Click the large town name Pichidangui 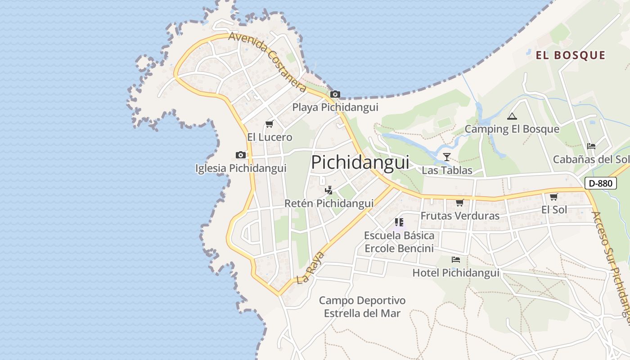pyautogui.click(x=360, y=162)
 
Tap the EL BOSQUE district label pyautogui.click(x=570, y=55)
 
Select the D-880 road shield pyautogui.click(x=600, y=183)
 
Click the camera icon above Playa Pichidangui pyautogui.click(x=335, y=94)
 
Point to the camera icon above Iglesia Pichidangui pyautogui.click(x=241, y=155)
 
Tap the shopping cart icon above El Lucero pyautogui.click(x=269, y=124)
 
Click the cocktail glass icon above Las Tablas pyautogui.click(x=446, y=157)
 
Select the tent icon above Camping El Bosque pyautogui.click(x=512, y=117)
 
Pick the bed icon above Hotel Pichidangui pyautogui.click(x=456, y=260)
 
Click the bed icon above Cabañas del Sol pyautogui.click(x=591, y=146)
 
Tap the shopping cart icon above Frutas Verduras pyautogui.click(x=459, y=203)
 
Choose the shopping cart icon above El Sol pyautogui.click(x=553, y=197)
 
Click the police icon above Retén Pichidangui pyautogui.click(x=328, y=190)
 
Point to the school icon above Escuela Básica pyautogui.click(x=399, y=222)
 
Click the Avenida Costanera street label pyautogui.click(x=267, y=61)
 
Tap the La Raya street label pyautogui.click(x=310, y=268)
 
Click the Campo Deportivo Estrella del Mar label pyautogui.click(x=362, y=307)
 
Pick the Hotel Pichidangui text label pyautogui.click(x=456, y=273)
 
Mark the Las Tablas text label pyautogui.click(x=447, y=171)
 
